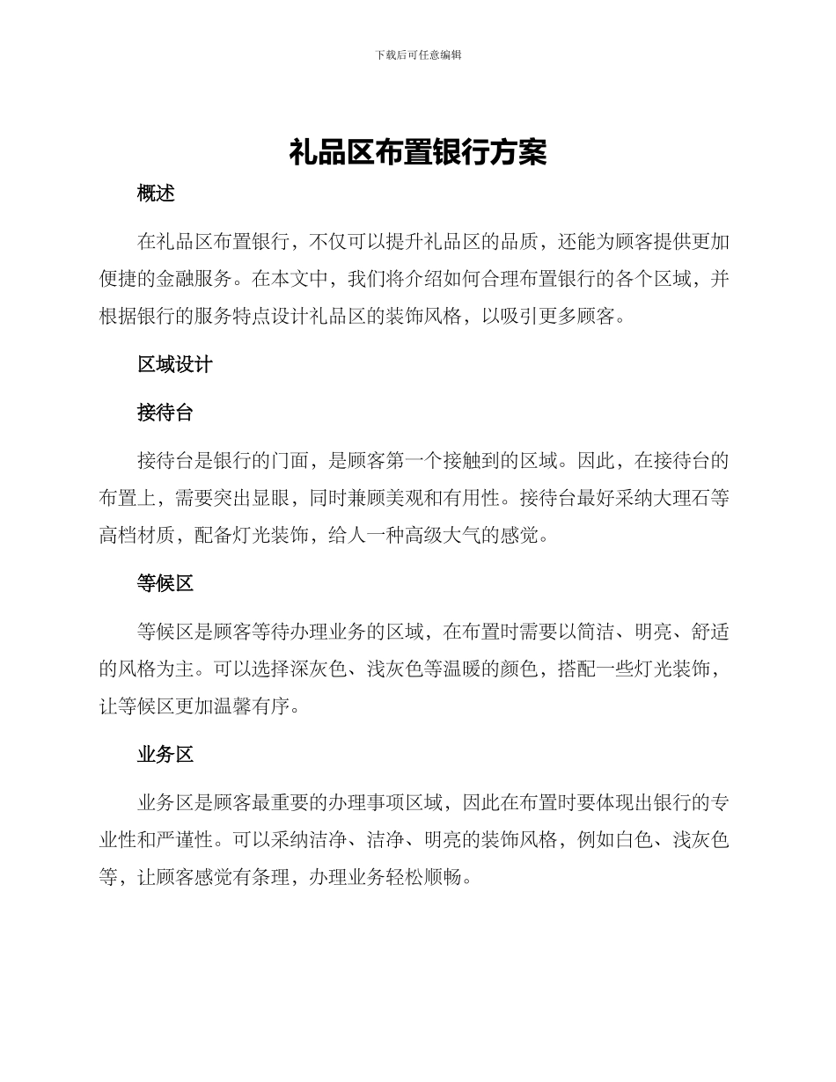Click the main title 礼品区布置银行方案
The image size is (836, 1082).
point(418,152)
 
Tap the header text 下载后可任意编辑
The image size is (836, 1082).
point(418,55)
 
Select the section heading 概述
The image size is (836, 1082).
point(156,194)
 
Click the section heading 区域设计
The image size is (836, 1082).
point(174,365)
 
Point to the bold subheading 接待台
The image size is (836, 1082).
point(165,413)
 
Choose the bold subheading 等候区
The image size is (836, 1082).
point(165,584)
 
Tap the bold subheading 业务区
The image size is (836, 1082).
point(165,755)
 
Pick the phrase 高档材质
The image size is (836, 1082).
point(136,537)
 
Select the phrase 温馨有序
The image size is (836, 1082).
point(251,707)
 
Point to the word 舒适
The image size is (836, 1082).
point(710,632)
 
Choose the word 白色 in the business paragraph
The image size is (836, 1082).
point(634,840)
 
